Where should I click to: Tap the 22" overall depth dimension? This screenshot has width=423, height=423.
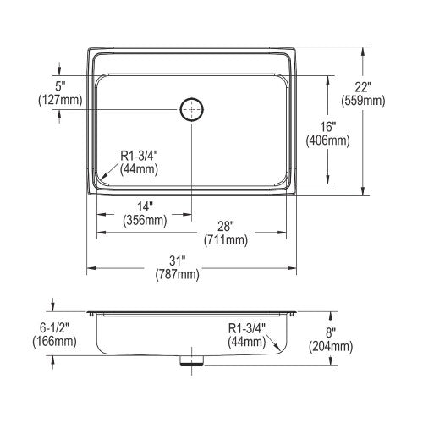362,87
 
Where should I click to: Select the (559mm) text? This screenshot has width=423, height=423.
363,101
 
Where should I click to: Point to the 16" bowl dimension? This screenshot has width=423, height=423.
327,127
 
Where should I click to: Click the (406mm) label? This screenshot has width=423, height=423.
328,140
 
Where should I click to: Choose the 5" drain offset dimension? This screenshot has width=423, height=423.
60,86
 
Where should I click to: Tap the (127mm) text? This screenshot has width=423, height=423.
60,100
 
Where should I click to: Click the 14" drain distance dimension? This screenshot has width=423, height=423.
145,206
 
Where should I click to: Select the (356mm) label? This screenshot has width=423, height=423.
145,220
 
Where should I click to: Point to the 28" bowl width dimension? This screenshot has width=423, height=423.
226,226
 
